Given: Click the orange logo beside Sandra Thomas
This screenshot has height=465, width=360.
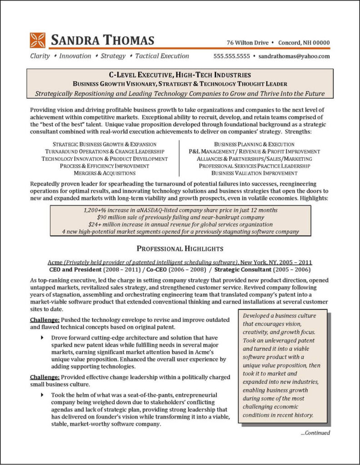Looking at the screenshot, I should pos(38,40).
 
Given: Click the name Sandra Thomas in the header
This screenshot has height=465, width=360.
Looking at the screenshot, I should pos(103,40).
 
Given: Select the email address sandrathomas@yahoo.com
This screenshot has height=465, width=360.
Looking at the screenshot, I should pos(294,56).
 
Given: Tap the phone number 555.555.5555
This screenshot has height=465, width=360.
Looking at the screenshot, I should pos(232,56).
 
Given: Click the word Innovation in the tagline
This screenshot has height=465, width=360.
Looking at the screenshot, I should pos(75,56).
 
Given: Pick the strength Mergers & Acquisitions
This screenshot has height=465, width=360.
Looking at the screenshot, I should pos(104,173).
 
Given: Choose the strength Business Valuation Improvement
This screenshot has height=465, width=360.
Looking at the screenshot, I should pos(255,173).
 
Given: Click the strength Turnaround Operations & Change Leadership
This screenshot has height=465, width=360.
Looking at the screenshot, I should pos(104,151).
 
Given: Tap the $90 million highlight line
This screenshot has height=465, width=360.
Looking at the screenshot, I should pos(180,218).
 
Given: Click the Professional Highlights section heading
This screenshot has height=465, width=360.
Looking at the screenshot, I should pos(180,248).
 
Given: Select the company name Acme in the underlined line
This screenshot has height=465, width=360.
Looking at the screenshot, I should pos(55,262).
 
